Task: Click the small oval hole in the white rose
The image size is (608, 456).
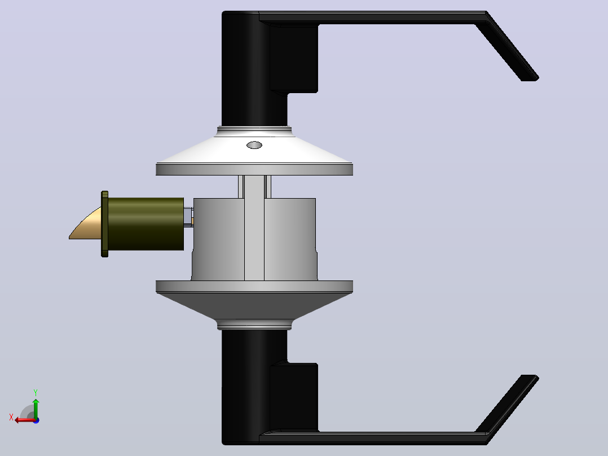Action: coord(254,145)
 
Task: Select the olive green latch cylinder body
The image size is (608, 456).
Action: coord(146,224)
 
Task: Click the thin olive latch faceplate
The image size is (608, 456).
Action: coord(105,224)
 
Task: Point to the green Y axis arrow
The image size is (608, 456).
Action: coord(36,408)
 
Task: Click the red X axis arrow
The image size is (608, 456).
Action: coord(25,420)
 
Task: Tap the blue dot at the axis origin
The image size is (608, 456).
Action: coord(36,420)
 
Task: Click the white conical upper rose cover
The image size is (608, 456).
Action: coord(254,149)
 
